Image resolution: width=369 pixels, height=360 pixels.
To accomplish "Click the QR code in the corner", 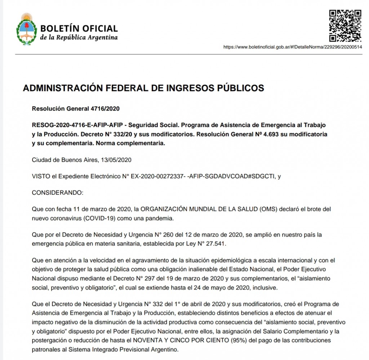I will [345, 26].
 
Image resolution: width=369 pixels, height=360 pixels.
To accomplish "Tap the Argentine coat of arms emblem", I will [26, 30].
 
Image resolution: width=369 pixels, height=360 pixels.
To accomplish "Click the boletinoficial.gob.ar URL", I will [293, 47].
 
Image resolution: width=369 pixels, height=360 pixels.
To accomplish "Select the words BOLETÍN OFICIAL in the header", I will [79, 28].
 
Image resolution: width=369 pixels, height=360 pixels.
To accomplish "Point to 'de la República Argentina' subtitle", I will [79, 37].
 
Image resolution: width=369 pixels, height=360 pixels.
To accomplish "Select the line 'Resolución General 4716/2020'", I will [76, 108].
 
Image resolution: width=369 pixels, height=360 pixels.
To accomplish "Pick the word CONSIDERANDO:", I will [58, 193].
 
